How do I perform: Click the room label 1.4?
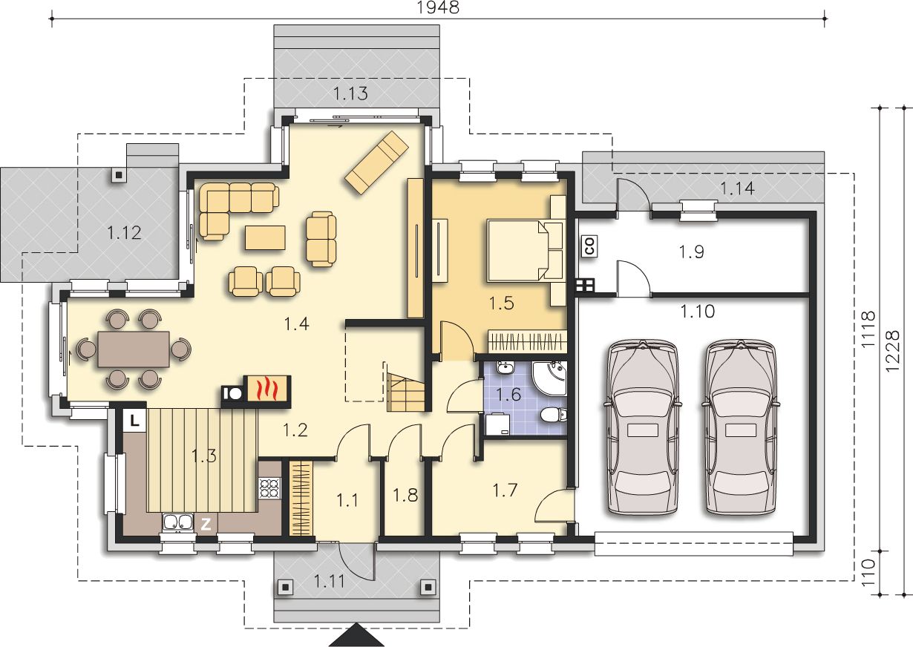pos(296,324)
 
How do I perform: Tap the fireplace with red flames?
pos(267,392)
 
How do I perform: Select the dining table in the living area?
pos(134,349)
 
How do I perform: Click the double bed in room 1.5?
pos(526,251)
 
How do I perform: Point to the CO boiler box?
pos(590,246)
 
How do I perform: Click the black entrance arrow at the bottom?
pos(356,635)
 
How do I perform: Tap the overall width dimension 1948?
pos(438,7)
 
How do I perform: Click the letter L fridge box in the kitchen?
pos(134,420)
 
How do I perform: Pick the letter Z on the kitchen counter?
pos(206,524)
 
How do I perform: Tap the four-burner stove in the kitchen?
pos(269,488)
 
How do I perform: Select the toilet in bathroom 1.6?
pos(554,416)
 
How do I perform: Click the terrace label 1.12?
pos(124,233)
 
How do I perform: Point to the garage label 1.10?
pos(698,312)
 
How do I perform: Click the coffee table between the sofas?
pos(265,237)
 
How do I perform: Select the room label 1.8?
pos(405,495)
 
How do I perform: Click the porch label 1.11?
pos(330,581)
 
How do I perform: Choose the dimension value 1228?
pos(892,350)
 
